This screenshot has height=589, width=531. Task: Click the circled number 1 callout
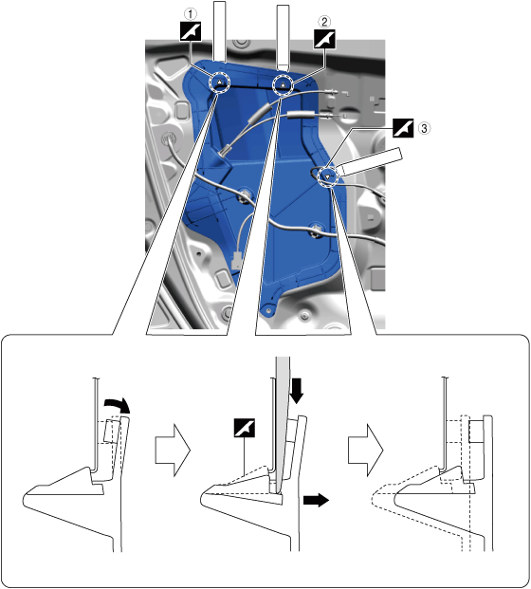pos(191,14)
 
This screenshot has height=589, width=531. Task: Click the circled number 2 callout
pos(324,22)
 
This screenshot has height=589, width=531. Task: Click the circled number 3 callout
pos(424,128)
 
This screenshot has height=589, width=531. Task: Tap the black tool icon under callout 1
pos(191,31)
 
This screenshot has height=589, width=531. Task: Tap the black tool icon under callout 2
pos(324,39)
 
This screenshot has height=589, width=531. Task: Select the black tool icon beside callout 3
pos(403,128)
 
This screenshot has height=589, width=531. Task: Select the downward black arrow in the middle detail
pos(297,391)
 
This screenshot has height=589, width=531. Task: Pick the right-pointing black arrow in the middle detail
pos(316,501)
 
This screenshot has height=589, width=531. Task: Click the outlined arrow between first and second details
pos(173,451)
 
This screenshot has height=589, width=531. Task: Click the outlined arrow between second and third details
pos(365,451)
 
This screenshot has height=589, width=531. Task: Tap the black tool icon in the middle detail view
pos(244,428)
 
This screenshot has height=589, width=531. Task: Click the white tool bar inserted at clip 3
pos(370,161)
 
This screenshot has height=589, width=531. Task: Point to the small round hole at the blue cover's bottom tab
pos(268,310)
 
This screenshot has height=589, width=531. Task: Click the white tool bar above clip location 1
pos(219,31)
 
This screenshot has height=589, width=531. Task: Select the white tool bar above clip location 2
pos(283,38)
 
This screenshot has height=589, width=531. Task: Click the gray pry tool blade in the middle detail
pos(283,425)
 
